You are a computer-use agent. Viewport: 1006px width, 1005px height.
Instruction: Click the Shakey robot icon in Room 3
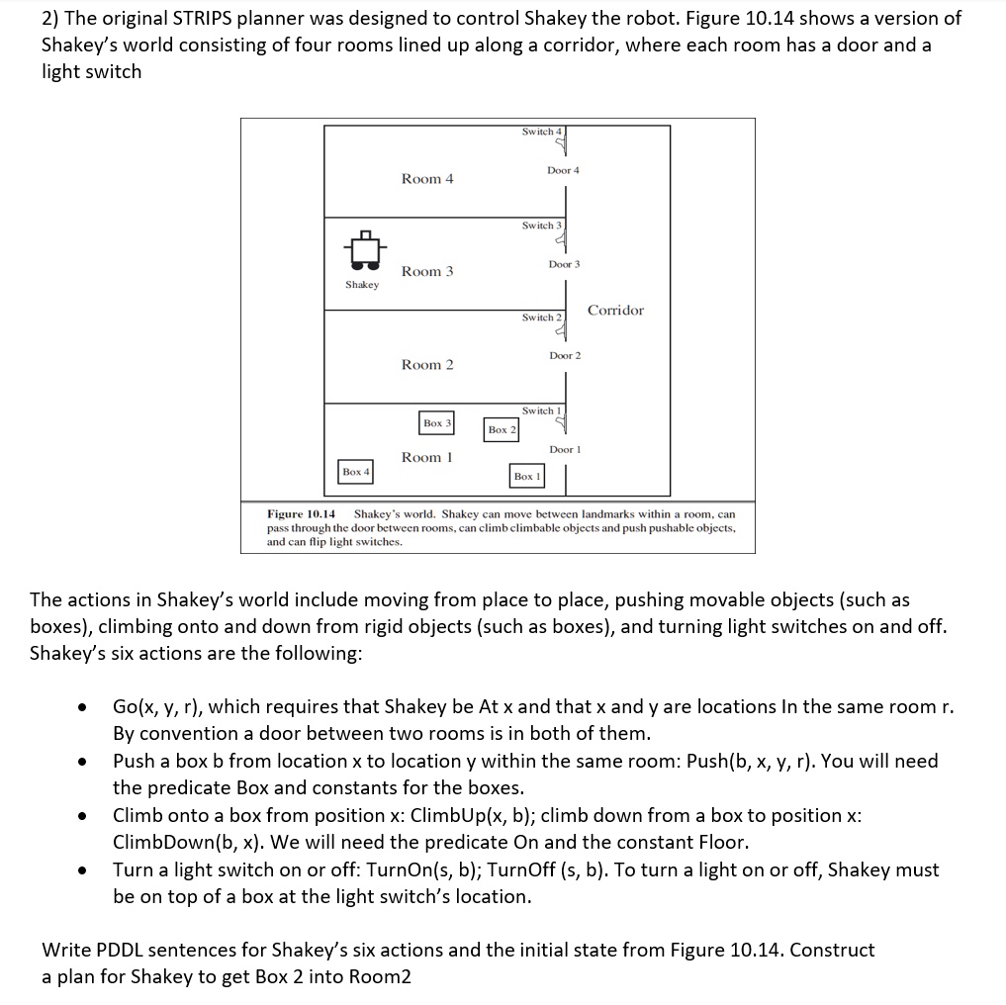(x=362, y=251)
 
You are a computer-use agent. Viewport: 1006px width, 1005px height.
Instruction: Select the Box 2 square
(x=502, y=429)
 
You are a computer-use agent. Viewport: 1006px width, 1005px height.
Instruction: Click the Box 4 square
(x=355, y=472)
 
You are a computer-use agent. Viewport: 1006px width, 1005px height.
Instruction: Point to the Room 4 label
(x=427, y=179)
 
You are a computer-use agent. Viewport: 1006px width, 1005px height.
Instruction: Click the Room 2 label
(x=427, y=365)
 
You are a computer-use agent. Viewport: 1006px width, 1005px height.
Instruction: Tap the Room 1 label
(x=427, y=457)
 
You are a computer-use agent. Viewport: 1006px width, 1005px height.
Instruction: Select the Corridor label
(x=615, y=311)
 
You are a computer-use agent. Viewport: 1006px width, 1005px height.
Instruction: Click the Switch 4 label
(x=541, y=132)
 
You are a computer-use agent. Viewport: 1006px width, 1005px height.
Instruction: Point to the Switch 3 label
(x=541, y=226)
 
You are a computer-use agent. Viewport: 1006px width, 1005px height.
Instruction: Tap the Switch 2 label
(x=541, y=318)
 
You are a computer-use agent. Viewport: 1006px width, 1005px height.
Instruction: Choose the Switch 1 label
(x=541, y=411)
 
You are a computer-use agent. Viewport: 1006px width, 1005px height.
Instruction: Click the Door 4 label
(x=564, y=171)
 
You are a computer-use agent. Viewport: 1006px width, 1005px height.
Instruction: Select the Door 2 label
(x=565, y=355)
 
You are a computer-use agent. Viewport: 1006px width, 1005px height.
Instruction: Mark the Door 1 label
(x=565, y=449)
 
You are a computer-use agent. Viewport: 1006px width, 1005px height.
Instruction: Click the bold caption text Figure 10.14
(x=302, y=514)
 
